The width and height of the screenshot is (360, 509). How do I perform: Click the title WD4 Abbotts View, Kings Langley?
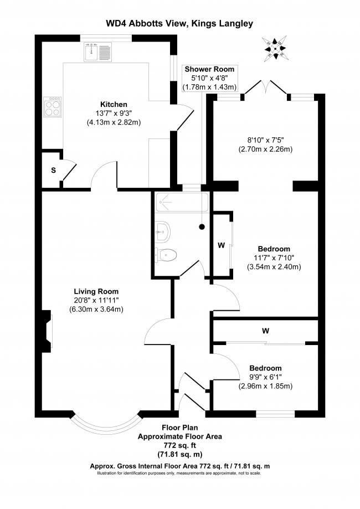click(179, 23)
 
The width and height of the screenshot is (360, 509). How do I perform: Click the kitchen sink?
click(99, 52)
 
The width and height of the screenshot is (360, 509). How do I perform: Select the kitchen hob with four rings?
click(53, 106)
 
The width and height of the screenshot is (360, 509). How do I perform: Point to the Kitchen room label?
click(114, 104)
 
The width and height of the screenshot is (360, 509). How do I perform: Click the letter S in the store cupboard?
click(53, 170)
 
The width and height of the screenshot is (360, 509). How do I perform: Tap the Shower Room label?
click(209, 69)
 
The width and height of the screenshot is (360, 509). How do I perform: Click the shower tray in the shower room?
click(179, 203)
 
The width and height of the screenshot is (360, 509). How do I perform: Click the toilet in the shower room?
click(167, 255)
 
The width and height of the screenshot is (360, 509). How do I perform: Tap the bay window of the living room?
click(105, 424)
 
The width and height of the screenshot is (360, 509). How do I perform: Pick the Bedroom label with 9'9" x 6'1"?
click(265, 368)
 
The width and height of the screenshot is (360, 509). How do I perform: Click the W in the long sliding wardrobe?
click(266, 331)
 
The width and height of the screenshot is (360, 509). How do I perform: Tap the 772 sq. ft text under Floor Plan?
click(179, 445)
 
